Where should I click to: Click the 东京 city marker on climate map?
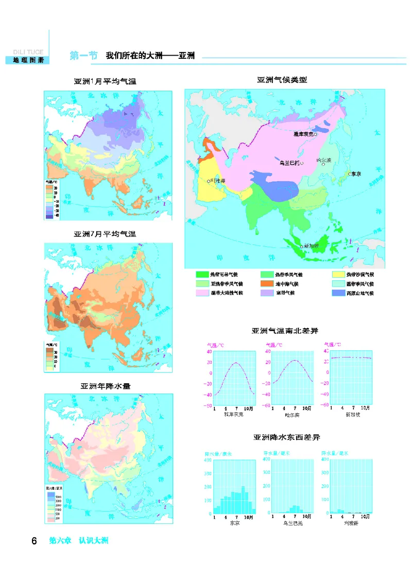tap(350, 174)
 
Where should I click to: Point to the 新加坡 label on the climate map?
tap(312, 246)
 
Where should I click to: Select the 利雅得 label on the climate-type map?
tap(217, 181)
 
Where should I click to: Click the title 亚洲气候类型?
tap(282, 80)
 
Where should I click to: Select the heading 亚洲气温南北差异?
tap(281, 330)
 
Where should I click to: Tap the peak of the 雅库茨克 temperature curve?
tap(236, 363)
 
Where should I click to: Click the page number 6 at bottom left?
tap(34, 541)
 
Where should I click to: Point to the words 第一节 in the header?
tap(83, 56)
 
